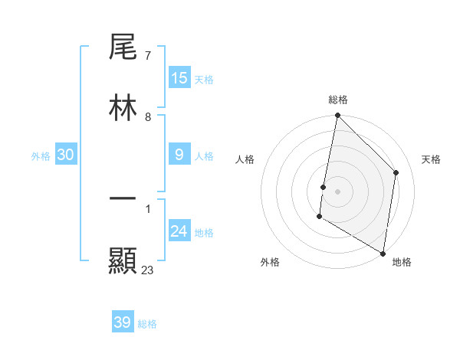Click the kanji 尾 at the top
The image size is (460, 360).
(123, 47)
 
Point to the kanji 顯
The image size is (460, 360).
(123, 260)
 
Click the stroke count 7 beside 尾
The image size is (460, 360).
(147, 56)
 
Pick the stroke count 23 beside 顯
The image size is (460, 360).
(148, 270)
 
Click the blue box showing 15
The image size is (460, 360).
(179, 78)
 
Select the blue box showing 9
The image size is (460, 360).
(179, 155)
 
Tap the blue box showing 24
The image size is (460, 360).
(179, 231)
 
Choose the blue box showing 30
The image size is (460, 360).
(66, 155)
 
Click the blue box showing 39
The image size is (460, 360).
(123, 322)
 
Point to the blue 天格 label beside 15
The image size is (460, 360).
(204, 80)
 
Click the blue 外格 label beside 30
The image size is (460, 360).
(41, 156)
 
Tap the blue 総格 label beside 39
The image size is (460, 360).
(147, 324)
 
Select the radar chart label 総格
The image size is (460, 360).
(338, 100)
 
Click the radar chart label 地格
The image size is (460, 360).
(402, 262)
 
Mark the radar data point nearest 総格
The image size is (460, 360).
(337, 116)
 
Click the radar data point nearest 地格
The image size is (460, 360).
(383, 253)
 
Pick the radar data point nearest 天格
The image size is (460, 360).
(396, 172)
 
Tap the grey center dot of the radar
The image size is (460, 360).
(337, 191)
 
